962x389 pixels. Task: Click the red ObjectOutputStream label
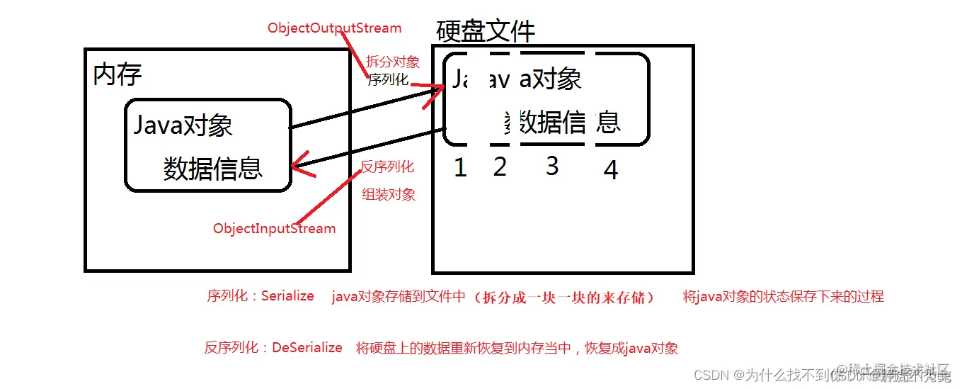coord(334,29)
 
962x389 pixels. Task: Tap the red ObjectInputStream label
coord(275,229)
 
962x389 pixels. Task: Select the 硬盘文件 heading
coord(486,32)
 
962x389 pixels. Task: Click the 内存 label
coord(118,74)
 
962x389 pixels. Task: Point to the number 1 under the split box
coord(460,168)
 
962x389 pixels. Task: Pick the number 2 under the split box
coord(500,167)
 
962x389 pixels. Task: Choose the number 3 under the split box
coord(552,166)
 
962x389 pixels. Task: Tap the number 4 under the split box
coord(610,170)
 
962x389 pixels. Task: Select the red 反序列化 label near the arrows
coord(387,167)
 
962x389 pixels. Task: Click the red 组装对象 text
coord(389,194)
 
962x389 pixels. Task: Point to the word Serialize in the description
coord(287,296)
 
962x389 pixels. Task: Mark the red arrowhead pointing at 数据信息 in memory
coord(301,166)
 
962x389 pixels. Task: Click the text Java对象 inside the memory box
coord(183,126)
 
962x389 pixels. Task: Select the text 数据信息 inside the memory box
coord(212,169)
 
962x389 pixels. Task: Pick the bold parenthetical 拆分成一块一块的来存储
coord(565,297)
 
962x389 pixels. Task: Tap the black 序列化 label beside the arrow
coord(388,80)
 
